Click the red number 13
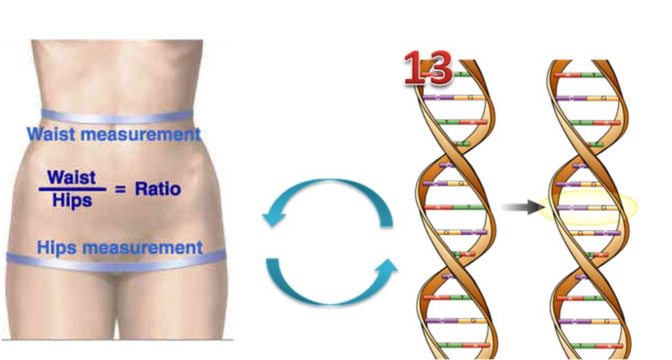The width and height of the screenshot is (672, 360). point(427,68)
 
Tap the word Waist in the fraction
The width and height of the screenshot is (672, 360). point(73,177)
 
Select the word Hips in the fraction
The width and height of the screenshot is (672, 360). point(73,201)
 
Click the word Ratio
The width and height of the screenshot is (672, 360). point(157,188)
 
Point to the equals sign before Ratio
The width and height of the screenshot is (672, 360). point(120,189)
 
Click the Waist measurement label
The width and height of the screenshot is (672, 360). point(113,134)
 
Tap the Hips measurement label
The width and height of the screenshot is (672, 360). point(119,247)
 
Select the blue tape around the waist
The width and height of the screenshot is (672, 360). point(115,117)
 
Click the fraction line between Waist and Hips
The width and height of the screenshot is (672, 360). point(73,189)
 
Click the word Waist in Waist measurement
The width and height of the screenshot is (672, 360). point(49,134)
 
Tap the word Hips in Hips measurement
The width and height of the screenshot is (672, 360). point(56,247)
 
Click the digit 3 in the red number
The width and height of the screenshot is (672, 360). point(438,68)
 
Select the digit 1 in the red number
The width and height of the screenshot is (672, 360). point(415,68)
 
